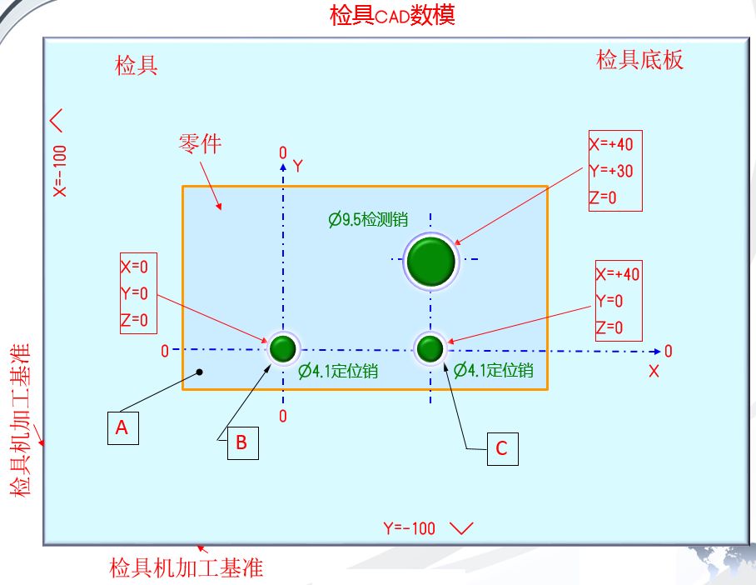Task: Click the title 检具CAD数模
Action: (x=392, y=15)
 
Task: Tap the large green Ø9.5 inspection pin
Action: (x=430, y=261)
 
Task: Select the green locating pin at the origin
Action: (x=283, y=347)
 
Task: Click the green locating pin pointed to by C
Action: (x=430, y=347)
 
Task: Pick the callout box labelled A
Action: (x=122, y=427)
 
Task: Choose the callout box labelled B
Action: (x=241, y=442)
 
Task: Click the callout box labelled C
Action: (x=501, y=448)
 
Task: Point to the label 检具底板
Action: (x=639, y=60)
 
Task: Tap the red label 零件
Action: (x=200, y=143)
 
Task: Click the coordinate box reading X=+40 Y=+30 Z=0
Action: (x=616, y=170)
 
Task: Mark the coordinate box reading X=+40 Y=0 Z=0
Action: (x=619, y=301)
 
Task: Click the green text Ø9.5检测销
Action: (x=367, y=220)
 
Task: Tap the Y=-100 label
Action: (x=410, y=528)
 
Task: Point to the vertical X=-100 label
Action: (x=59, y=170)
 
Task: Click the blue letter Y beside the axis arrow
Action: (x=297, y=166)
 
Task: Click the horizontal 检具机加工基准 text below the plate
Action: (x=187, y=568)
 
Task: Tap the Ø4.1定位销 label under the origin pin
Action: (x=338, y=371)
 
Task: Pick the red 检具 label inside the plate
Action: (x=137, y=66)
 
